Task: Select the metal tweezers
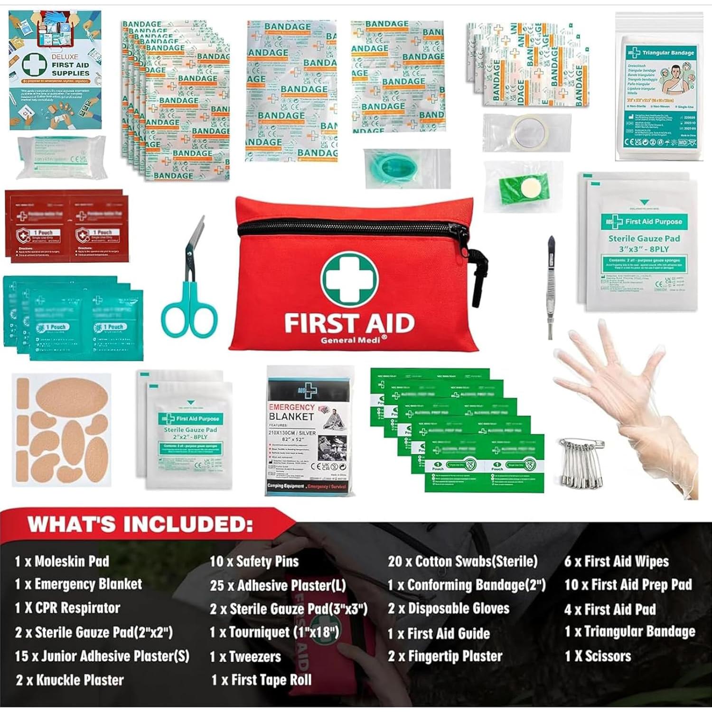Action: coord(551,285)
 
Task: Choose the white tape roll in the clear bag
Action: coord(530,131)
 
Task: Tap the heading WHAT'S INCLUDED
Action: coord(140,525)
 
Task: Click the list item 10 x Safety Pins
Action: coord(254,562)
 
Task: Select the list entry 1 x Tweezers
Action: coord(245,656)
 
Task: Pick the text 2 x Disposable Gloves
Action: coord(449,609)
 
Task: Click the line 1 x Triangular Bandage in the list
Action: coord(630,631)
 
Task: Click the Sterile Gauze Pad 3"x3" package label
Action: coord(644,244)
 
